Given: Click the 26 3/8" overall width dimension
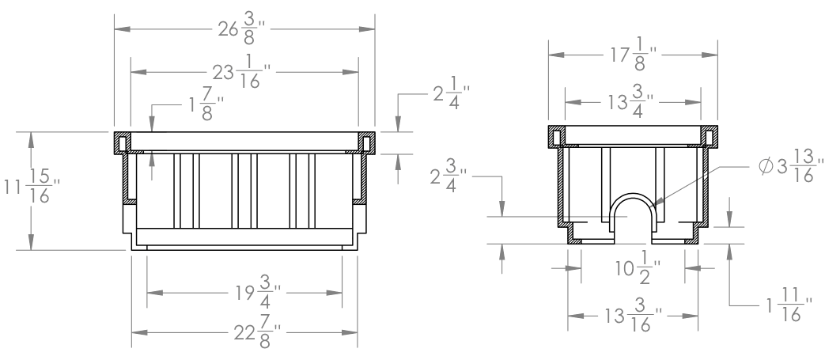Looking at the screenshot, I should coord(245,30).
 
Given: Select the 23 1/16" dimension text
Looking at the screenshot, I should coord(244,72).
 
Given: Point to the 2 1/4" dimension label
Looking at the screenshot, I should coord(448,94).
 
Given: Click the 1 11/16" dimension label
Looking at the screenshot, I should coord(783,305).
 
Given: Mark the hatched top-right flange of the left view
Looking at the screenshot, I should coord(365,142).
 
